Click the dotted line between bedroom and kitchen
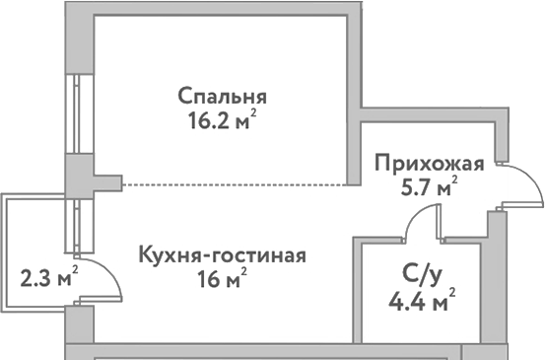[x=237, y=184]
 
